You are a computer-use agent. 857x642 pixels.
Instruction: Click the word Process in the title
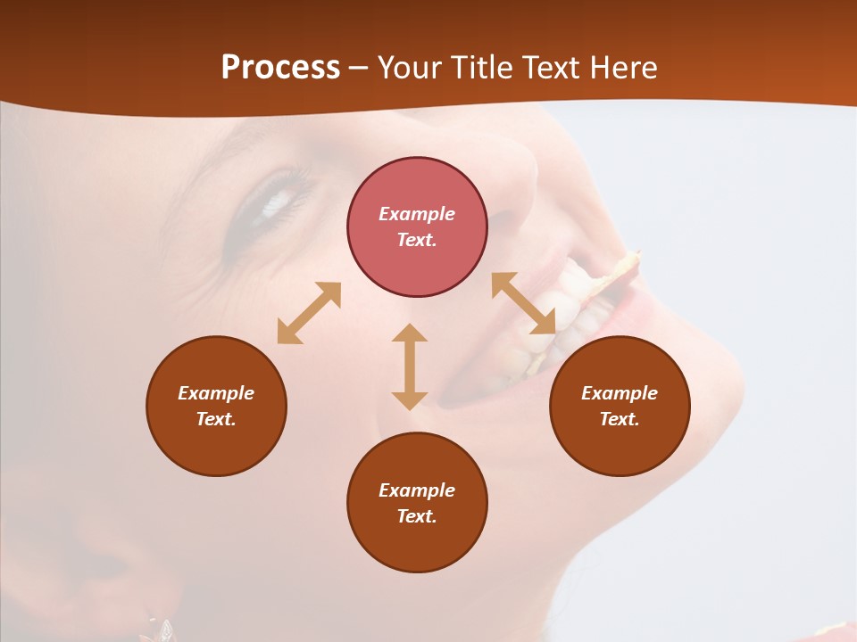tap(280, 68)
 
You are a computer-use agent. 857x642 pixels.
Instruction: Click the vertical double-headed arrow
tap(410, 367)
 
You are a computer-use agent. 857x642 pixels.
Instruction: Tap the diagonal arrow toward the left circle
tap(309, 313)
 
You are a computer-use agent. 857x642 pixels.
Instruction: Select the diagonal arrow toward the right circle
tap(523, 303)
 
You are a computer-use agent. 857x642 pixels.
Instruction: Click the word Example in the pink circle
tap(417, 214)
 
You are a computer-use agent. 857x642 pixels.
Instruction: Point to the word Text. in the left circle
tap(216, 419)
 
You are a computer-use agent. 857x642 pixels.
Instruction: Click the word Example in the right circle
tap(620, 393)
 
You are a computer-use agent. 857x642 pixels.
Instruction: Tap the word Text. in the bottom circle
tap(417, 516)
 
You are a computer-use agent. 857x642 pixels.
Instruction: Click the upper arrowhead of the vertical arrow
tap(410, 334)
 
